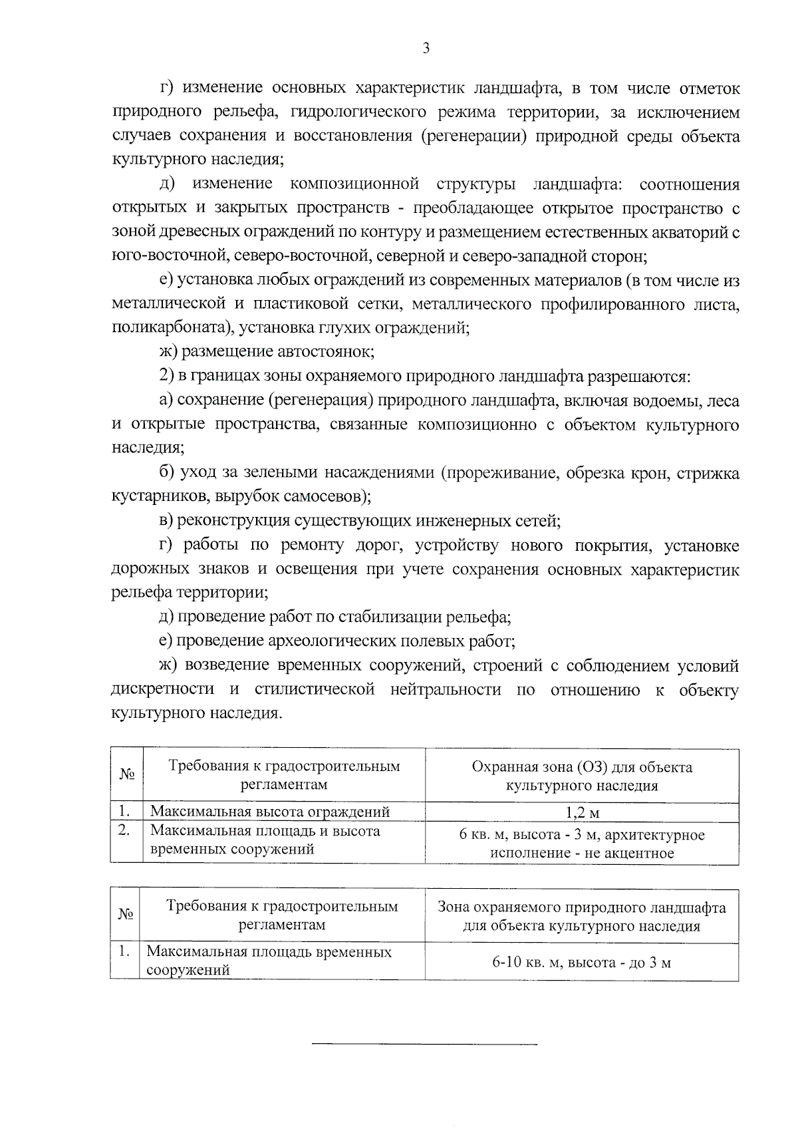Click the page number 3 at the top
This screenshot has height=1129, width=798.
pyautogui.click(x=426, y=48)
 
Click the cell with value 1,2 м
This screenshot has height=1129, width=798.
pyautogui.click(x=582, y=812)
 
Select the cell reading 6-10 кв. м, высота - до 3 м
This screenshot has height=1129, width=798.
pyautogui.click(x=582, y=962)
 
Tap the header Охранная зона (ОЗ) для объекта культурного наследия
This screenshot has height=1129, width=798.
pyautogui.click(x=582, y=776)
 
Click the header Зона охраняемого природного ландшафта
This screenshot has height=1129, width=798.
pyautogui.click(x=582, y=916)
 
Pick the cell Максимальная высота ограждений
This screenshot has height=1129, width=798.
pyautogui.click(x=270, y=812)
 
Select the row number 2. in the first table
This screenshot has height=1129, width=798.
pyautogui.click(x=124, y=831)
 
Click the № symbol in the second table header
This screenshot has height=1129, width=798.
pyautogui.click(x=126, y=915)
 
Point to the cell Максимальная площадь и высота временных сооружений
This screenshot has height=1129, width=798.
pyautogui.click(x=266, y=840)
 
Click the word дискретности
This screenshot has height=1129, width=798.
pyautogui.click(x=163, y=689)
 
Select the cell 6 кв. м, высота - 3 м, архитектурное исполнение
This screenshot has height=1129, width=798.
pyautogui.click(x=582, y=844)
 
